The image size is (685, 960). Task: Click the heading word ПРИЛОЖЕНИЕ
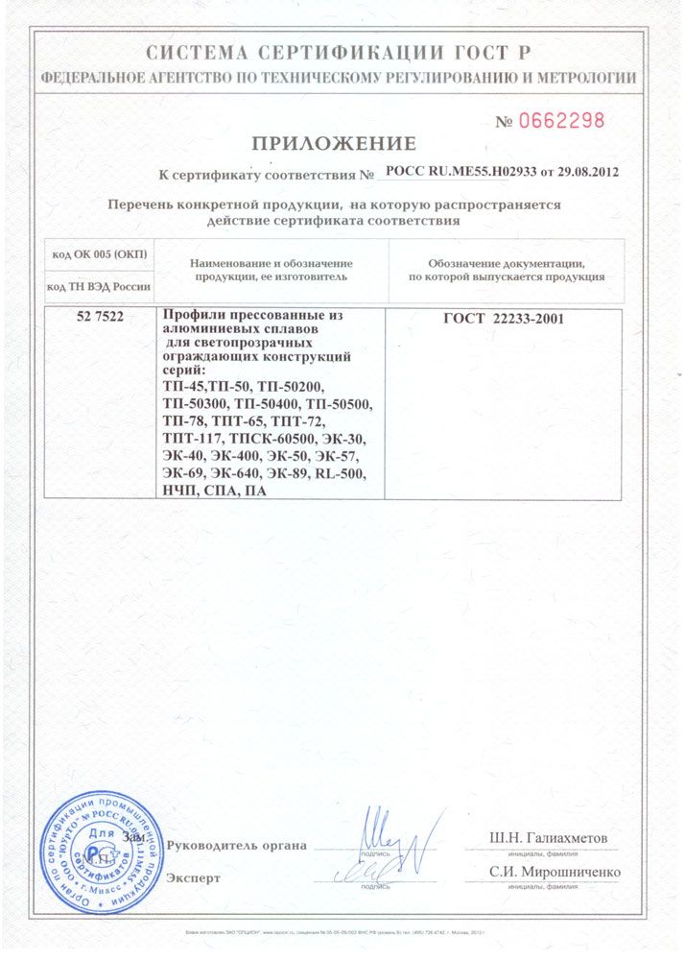point(334,144)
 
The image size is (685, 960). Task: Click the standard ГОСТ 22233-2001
point(503,319)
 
